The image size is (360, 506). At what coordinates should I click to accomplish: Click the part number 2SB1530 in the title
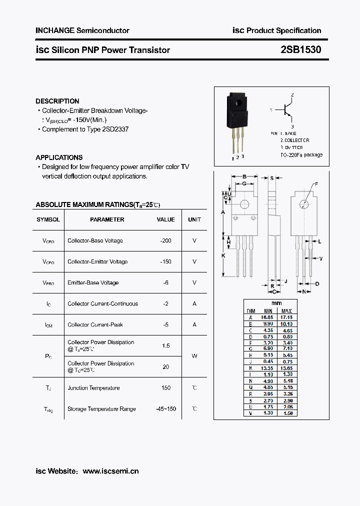[x=301, y=50]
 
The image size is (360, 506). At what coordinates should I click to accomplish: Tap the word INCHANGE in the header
[x=54, y=30]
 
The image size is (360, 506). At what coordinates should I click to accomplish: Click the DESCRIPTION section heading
[x=57, y=101]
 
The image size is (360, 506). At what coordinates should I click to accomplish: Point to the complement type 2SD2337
[x=115, y=129]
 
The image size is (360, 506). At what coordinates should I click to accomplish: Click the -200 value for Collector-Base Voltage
[x=165, y=240]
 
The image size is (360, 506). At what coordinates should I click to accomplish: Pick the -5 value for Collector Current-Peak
[x=165, y=324]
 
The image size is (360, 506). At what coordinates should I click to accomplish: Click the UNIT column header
[x=194, y=219]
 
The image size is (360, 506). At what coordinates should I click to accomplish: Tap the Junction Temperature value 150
[x=165, y=387]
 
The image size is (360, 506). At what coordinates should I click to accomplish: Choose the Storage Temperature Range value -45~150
[x=165, y=408]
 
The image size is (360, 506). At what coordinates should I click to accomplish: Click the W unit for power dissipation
[x=194, y=356]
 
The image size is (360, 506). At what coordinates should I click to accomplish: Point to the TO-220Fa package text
[x=301, y=155]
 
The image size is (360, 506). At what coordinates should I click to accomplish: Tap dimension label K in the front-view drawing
[x=223, y=255]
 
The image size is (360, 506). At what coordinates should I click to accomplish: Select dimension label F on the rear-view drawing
[x=315, y=184]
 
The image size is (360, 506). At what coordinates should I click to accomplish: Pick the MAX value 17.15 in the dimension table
[x=286, y=317]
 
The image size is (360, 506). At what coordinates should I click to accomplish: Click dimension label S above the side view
[x=271, y=177]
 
